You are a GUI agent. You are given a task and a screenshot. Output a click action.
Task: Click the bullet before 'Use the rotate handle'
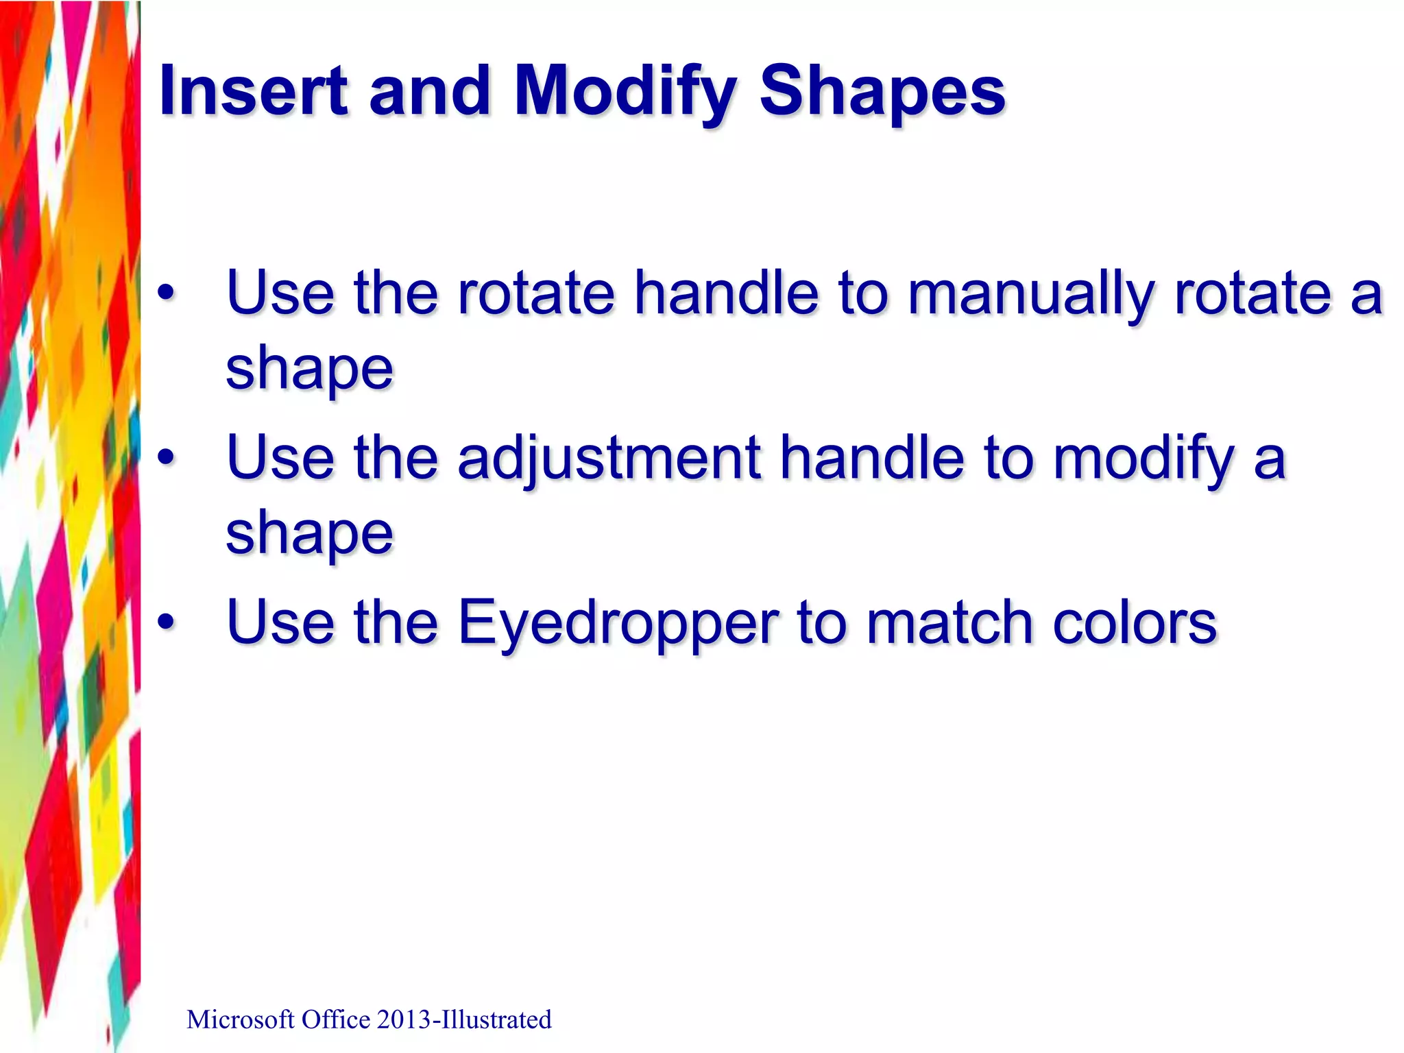pyautogui.click(x=166, y=293)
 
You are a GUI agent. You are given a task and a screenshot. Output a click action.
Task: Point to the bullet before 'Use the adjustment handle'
pyautogui.click(x=166, y=458)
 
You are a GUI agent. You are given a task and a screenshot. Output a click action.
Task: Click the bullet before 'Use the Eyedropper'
pyautogui.click(x=166, y=622)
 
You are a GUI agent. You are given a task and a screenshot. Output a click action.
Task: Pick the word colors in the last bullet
pyautogui.click(x=1135, y=622)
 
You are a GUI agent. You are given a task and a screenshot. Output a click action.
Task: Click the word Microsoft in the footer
pyautogui.click(x=241, y=1020)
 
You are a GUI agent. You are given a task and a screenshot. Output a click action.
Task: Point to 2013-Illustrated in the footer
pyautogui.click(x=463, y=1020)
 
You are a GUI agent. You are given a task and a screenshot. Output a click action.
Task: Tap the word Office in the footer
pyautogui.click(x=335, y=1020)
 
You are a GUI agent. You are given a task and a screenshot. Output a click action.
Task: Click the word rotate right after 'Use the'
pyautogui.click(x=536, y=293)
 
